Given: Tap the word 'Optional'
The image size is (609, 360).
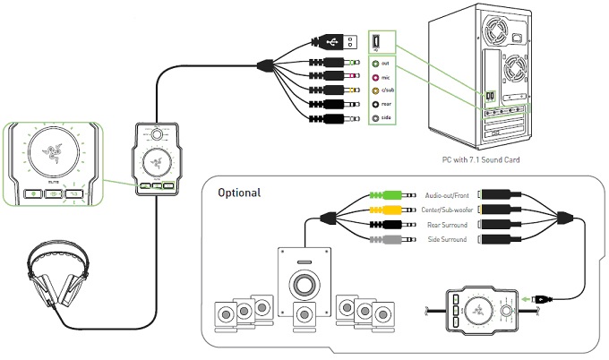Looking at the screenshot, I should (x=239, y=193).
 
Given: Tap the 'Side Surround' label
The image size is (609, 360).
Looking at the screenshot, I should (x=445, y=237).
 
